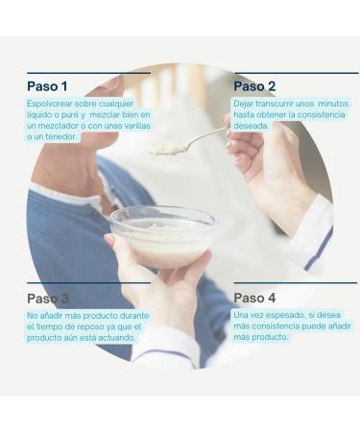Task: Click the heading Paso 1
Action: (x=47, y=86)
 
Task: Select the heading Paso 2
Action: (x=254, y=86)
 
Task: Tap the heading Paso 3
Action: (x=48, y=299)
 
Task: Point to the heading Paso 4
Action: (x=254, y=298)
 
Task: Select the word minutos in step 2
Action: (x=333, y=104)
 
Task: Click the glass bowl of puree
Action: (x=163, y=235)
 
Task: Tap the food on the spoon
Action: (x=167, y=148)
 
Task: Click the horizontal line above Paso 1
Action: (x=89, y=73)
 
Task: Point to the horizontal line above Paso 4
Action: (x=296, y=283)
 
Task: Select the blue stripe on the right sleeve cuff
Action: (x=319, y=250)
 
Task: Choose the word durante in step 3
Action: (x=134, y=316)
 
